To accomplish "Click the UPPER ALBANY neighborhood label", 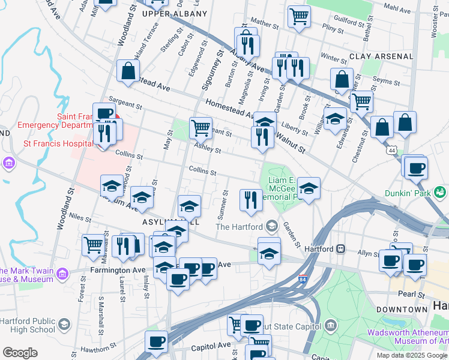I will click(x=166, y=14).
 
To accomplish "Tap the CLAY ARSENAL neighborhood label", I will click(x=390, y=56).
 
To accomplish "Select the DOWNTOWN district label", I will click(x=402, y=309).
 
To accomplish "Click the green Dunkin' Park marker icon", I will click(x=441, y=192).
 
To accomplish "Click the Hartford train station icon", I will click(x=341, y=248).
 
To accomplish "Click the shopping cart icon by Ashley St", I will click(x=200, y=127).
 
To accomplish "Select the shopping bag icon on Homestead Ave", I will click(x=128, y=71).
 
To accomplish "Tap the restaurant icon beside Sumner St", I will click(x=251, y=200).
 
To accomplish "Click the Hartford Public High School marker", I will click(x=64, y=325).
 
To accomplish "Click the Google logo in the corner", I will click(x=20, y=353).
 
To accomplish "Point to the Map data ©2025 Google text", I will click(x=412, y=355).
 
